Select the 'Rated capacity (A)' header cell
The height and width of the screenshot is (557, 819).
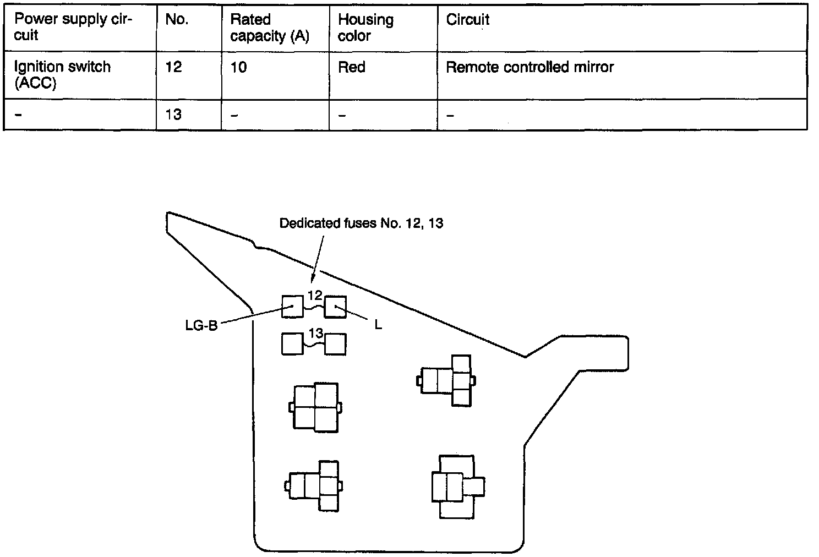pos(269,28)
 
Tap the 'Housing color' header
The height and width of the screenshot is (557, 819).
pos(365,28)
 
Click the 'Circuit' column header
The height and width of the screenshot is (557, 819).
pos(467,20)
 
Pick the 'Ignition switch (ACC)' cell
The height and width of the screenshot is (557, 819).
pos(62,75)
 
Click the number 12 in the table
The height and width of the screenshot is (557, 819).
pos(173,67)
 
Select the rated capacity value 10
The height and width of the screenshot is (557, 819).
pos(238,67)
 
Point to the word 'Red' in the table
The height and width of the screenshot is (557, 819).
pos(351,67)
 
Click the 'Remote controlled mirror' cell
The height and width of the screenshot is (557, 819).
pos(529,67)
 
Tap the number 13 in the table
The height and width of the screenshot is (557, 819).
pos(173,114)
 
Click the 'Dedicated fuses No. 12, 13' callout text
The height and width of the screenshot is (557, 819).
pos(361,223)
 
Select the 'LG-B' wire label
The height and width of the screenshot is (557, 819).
pos(201,325)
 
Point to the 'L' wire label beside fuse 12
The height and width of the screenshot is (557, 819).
pos(378,325)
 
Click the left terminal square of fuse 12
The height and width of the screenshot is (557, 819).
pos(292,307)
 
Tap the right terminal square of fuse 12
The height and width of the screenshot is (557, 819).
pos(335,307)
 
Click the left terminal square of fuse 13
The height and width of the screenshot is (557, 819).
pos(292,344)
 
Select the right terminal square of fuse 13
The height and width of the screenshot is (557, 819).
pos(335,344)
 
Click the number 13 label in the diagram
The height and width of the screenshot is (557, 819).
pos(316,333)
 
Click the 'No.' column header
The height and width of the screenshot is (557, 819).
pos(177,20)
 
